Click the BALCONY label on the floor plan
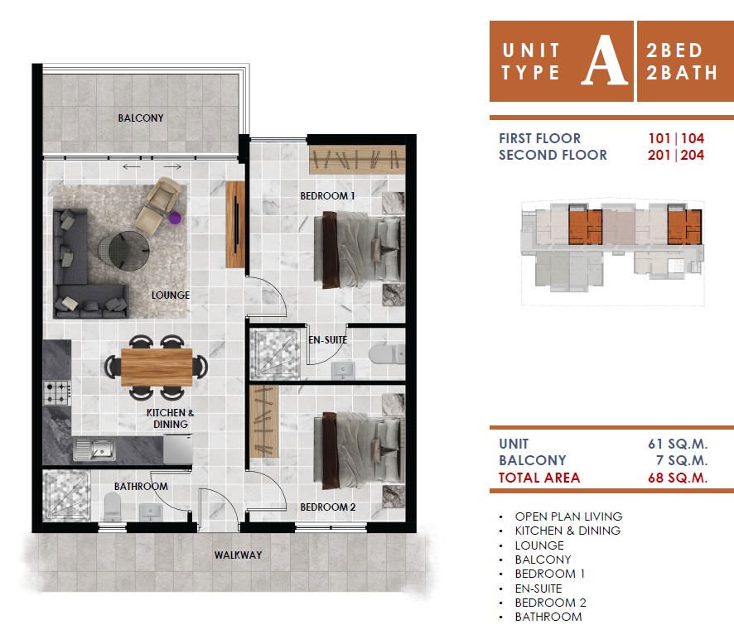click(x=141, y=118)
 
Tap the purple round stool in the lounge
click(x=175, y=218)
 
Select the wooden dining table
click(x=157, y=367)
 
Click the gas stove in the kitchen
click(x=56, y=392)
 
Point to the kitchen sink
click(x=94, y=449)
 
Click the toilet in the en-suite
click(x=387, y=354)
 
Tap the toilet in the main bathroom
click(x=113, y=507)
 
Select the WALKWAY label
click(x=238, y=555)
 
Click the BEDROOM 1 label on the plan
click(x=327, y=196)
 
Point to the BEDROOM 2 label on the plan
click(x=328, y=507)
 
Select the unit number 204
click(x=693, y=155)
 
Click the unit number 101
click(x=659, y=138)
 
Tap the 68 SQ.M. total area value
click(x=678, y=478)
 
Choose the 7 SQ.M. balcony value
click(x=682, y=460)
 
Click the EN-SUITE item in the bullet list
click(x=538, y=589)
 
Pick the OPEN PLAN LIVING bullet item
click(x=569, y=516)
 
